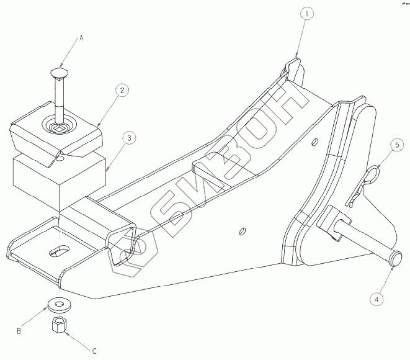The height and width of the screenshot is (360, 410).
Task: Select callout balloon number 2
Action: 124,90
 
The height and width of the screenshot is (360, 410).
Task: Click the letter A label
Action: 80,38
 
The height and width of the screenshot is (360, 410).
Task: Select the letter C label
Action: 94,351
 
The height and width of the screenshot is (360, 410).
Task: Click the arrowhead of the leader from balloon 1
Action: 296,58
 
